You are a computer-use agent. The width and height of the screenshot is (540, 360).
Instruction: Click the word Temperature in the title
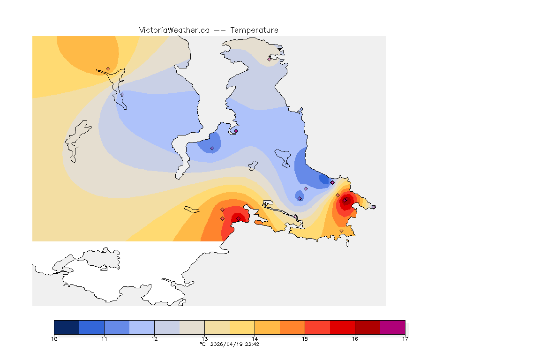(254, 30)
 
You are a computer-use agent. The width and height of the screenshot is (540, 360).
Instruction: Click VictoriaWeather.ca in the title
(174, 30)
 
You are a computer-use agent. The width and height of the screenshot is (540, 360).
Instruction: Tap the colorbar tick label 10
(54, 338)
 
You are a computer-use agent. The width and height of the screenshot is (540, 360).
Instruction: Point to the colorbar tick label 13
(204, 338)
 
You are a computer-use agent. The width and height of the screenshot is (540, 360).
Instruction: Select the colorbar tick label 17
(405, 338)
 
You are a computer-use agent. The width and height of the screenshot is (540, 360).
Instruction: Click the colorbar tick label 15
(305, 338)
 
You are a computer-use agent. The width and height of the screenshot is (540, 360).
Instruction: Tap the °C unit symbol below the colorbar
(202, 344)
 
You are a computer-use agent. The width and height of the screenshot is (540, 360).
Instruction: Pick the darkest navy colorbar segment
(67, 327)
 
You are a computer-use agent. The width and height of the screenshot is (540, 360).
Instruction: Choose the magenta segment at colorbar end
(392, 327)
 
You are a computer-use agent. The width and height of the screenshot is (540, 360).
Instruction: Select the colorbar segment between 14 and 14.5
(267, 327)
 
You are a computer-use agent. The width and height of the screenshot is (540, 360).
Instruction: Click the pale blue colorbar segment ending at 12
(142, 327)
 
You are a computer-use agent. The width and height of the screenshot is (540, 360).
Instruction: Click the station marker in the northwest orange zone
(108, 68)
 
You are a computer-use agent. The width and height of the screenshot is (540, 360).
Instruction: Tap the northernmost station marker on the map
(269, 59)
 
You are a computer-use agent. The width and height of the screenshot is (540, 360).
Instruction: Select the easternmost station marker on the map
(374, 207)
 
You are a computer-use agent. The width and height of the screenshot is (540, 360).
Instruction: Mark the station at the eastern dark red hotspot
(345, 201)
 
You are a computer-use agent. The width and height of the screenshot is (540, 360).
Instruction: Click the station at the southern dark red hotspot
(238, 218)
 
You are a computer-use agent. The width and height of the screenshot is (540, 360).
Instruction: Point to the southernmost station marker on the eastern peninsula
(341, 231)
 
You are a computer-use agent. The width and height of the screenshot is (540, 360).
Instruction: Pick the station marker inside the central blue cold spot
(212, 148)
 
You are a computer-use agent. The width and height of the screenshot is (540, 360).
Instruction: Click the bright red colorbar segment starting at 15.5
(342, 327)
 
